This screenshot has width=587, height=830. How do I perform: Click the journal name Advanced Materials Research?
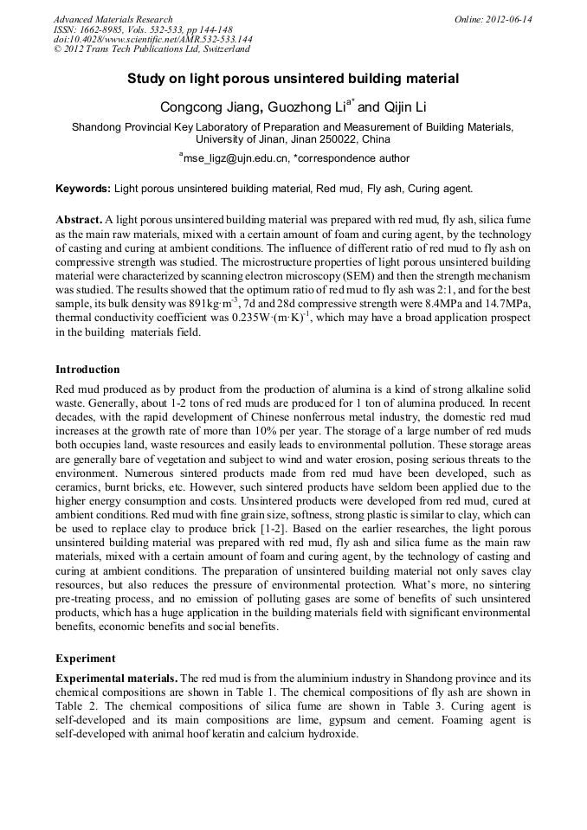[113, 19]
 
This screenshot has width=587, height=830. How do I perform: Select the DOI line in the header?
[152, 40]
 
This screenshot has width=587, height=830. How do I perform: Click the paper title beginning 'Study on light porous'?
[293, 79]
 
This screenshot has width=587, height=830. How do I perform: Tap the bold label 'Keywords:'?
[83, 188]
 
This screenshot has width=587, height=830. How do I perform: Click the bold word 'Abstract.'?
[79, 221]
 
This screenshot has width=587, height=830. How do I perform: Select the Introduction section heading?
[87, 370]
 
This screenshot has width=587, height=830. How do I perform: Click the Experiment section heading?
[86, 658]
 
